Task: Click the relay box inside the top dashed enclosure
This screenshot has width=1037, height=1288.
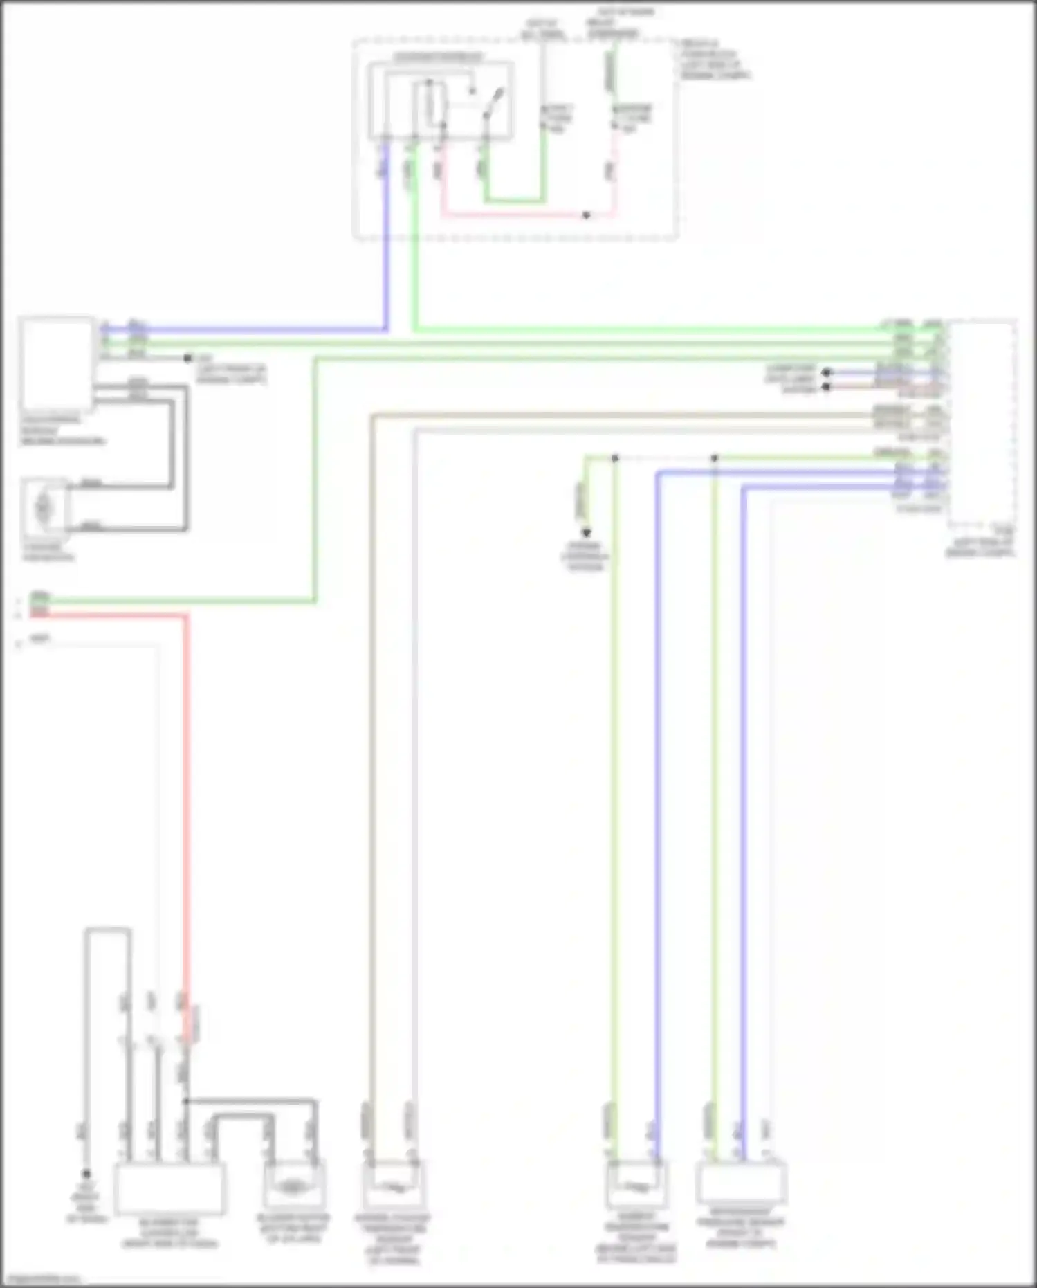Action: (x=440, y=100)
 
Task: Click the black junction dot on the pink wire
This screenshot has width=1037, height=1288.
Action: (x=586, y=215)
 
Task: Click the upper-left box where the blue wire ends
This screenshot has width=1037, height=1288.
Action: (x=57, y=364)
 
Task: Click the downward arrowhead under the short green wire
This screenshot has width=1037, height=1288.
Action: (x=586, y=533)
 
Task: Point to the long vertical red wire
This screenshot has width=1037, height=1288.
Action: (x=185, y=796)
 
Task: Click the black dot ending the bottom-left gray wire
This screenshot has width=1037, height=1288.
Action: (x=86, y=1174)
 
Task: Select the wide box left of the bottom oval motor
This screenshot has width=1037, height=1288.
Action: (x=169, y=1188)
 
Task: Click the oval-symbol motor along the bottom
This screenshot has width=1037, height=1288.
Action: (x=293, y=1186)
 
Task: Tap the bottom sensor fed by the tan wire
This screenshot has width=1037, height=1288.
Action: (x=393, y=1186)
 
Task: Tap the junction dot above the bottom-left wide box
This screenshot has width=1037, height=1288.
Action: (x=185, y=1100)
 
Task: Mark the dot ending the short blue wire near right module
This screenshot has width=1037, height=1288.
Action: (x=826, y=372)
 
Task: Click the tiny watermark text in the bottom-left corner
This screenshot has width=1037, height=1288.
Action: (x=40, y=1279)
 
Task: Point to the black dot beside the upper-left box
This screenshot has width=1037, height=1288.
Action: (x=187, y=359)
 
